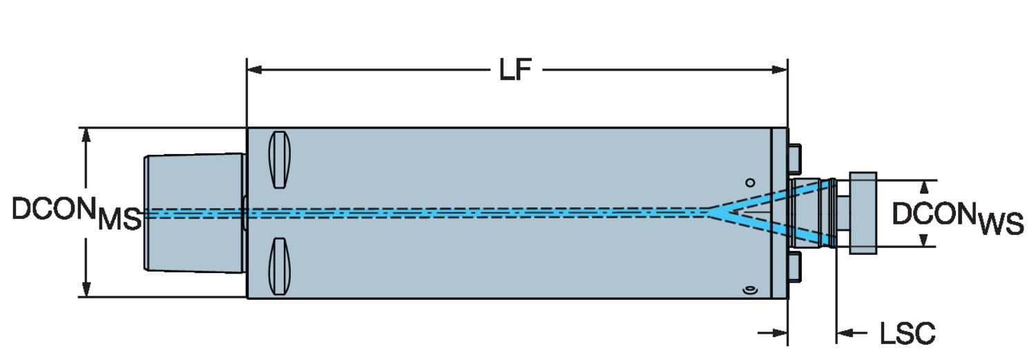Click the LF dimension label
point(515,70)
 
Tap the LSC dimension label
point(907,333)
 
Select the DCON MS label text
point(76,214)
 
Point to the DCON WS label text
point(957,218)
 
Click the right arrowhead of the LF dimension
point(779,70)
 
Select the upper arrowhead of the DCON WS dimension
point(924,187)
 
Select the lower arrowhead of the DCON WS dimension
point(924,240)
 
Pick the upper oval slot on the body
point(279,160)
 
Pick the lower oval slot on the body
point(279,266)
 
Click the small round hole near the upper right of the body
point(750,183)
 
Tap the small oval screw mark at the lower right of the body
point(749,291)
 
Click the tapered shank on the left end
point(195,214)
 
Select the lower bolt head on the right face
point(794,267)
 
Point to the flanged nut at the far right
point(863,213)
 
